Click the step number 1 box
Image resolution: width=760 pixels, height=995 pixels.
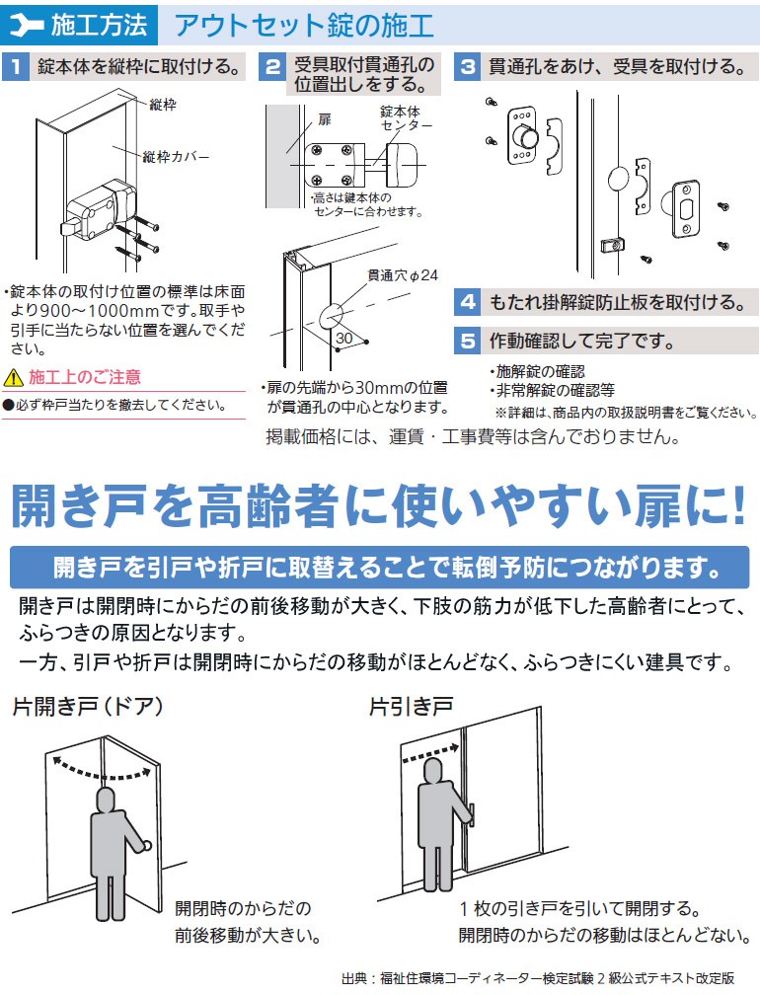[x=16, y=68]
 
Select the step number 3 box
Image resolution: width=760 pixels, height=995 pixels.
[x=468, y=68]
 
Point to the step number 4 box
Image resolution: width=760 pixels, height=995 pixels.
[x=468, y=302]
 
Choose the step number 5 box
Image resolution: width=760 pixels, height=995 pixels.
[x=468, y=343]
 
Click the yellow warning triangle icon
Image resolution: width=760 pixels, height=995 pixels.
[x=13, y=378]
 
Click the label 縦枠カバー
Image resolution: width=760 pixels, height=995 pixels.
[x=176, y=157]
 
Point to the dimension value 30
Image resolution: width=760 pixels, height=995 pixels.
[x=343, y=337]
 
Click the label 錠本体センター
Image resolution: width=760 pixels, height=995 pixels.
[x=406, y=118]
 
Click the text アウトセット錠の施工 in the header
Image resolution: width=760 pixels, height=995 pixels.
[x=303, y=23]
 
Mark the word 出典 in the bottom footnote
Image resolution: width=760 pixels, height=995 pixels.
[x=355, y=979]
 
